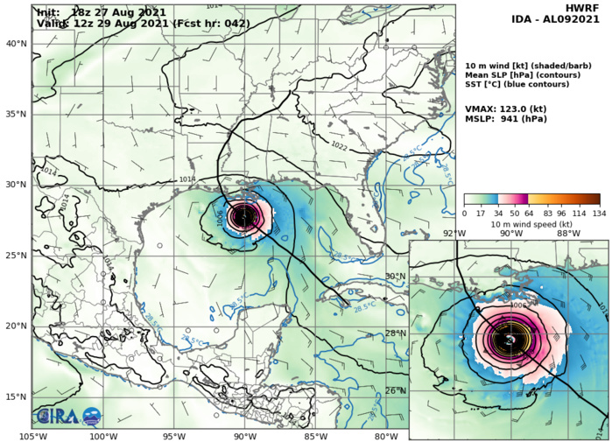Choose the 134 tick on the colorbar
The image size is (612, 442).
point(600,213)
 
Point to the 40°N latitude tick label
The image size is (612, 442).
point(16,43)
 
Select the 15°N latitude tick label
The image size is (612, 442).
point(16,396)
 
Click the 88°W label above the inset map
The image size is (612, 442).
point(568,233)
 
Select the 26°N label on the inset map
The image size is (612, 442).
point(397,390)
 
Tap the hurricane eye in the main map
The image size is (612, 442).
point(243,216)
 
